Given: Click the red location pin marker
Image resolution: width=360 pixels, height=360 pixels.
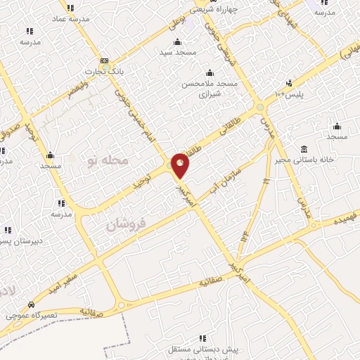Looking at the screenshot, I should click(181, 166).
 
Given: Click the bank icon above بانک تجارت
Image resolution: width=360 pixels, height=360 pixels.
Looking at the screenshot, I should click(104, 60).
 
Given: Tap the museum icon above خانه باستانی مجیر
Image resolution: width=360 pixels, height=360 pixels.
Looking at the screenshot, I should click(303, 149).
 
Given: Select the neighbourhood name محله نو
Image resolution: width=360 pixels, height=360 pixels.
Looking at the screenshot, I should click(109, 161).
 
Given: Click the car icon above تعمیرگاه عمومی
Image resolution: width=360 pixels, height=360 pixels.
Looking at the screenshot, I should click(31, 305).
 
